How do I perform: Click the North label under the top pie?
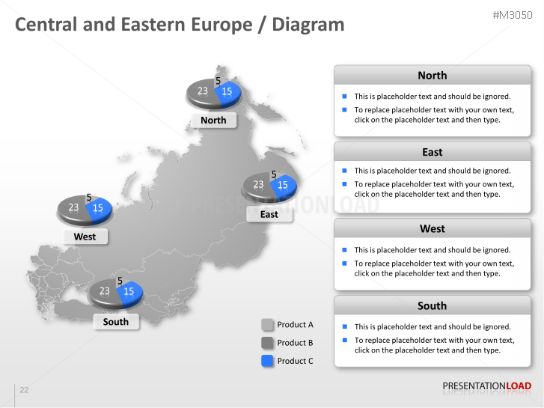(x=213, y=120)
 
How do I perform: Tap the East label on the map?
(x=269, y=214)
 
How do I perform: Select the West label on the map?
(x=85, y=237)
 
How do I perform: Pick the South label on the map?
(x=116, y=322)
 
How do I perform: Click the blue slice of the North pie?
(x=227, y=92)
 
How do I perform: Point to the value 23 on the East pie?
(x=258, y=184)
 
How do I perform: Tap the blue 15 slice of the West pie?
(x=99, y=209)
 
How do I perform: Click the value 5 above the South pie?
(x=120, y=281)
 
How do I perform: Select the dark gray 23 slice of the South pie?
(x=104, y=291)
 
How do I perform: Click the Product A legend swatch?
(x=268, y=325)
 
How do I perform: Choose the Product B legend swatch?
(x=268, y=343)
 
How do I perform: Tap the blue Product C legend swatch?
(x=268, y=361)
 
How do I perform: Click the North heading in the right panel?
(x=432, y=76)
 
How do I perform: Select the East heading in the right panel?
(x=432, y=152)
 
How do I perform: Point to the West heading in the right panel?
(x=432, y=228)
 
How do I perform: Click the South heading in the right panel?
(x=432, y=305)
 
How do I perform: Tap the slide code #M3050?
(x=512, y=16)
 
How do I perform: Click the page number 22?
(x=24, y=390)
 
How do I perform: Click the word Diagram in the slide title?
(x=308, y=25)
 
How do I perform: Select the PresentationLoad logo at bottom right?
(x=486, y=386)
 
